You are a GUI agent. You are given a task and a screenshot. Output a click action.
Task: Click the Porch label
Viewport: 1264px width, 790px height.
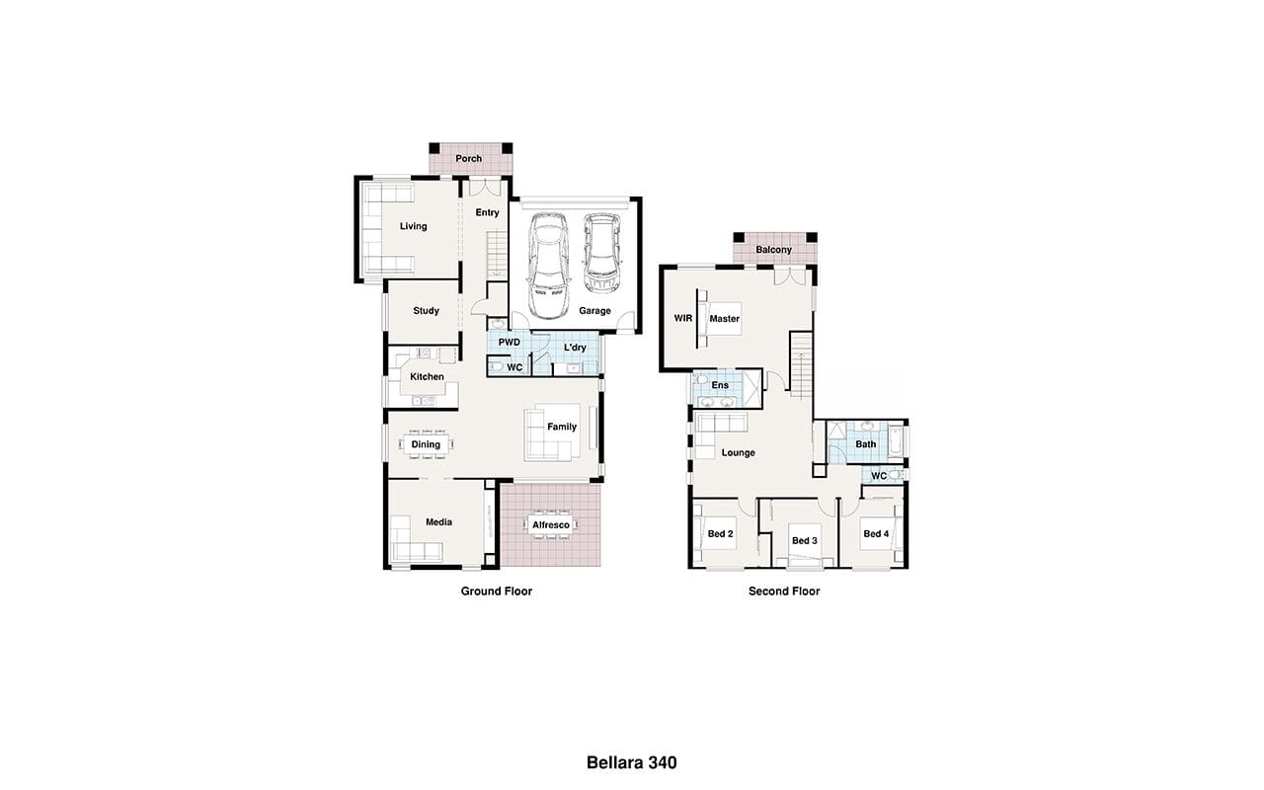coord(469,159)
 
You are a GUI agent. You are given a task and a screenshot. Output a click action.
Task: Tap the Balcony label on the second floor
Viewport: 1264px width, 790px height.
coord(773,250)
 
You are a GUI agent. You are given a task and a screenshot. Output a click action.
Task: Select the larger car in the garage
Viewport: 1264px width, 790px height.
coord(548,265)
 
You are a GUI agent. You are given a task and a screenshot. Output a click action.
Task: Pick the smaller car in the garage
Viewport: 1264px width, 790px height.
coord(601,253)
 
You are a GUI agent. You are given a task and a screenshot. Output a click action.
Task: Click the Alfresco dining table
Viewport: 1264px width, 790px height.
coord(551,524)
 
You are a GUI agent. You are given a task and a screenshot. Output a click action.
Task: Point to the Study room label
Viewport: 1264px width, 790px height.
coord(426,310)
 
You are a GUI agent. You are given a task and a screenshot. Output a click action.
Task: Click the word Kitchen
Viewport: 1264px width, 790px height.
coord(427,376)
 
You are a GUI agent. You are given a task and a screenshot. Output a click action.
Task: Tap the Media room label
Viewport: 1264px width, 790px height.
coord(439,522)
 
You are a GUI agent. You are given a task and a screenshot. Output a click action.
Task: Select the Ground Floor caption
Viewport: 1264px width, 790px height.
coord(497,591)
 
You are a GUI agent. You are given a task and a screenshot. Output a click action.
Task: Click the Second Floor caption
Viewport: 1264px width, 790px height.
coord(784,591)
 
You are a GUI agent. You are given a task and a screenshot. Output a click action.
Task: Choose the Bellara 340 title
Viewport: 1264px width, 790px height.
coord(631,762)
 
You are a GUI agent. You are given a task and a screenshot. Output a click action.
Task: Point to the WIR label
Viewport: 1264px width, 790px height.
coord(682,318)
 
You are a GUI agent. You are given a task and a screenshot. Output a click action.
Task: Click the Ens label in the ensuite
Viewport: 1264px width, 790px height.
coord(720,385)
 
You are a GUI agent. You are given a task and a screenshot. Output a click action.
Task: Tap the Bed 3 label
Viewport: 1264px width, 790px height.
coord(805,540)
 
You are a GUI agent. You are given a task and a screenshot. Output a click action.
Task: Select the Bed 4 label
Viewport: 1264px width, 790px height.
coord(876,534)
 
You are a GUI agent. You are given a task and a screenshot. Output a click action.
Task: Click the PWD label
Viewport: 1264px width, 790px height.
coord(509,342)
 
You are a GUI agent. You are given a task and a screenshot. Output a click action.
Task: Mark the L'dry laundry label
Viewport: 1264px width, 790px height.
coord(575,348)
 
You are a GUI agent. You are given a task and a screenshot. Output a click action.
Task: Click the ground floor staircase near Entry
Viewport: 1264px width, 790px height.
coord(498,255)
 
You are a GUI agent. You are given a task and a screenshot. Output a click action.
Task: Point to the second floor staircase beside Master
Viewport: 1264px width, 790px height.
coord(801,365)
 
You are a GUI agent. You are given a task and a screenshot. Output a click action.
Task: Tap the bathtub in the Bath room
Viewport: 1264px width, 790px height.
coord(896,441)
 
